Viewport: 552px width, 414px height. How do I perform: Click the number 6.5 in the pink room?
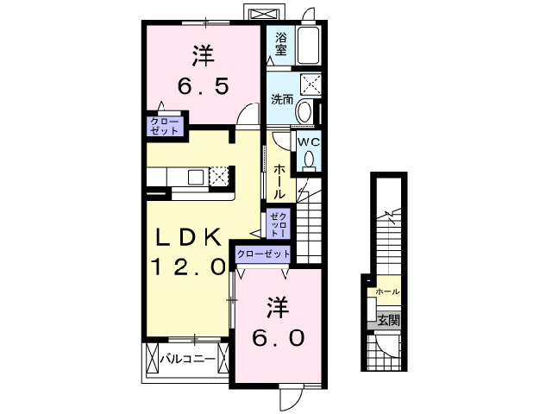click(x=203, y=87)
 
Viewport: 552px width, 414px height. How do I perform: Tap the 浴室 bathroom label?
click(x=281, y=44)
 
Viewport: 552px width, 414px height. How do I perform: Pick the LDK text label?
click(x=191, y=237)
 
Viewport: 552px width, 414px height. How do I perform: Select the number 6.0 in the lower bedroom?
click(x=277, y=337)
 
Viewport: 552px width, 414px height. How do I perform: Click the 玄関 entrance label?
click(x=387, y=320)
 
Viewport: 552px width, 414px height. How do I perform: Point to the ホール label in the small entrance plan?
click(x=387, y=292)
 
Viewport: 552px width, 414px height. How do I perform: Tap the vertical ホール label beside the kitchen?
click(x=279, y=182)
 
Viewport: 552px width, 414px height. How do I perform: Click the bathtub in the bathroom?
click(x=309, y=44)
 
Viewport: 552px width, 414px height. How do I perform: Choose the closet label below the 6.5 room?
click(x=165, y=126)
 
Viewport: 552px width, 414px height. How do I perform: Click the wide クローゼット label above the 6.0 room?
click(x=263, y=254)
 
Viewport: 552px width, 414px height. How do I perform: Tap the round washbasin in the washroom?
click(x=304, y=111)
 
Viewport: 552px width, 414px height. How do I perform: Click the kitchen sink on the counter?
click(x=196, y=177)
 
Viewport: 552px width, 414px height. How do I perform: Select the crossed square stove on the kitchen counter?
click(x=219, y=176)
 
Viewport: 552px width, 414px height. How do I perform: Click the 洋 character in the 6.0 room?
click(x=276, y=305)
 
